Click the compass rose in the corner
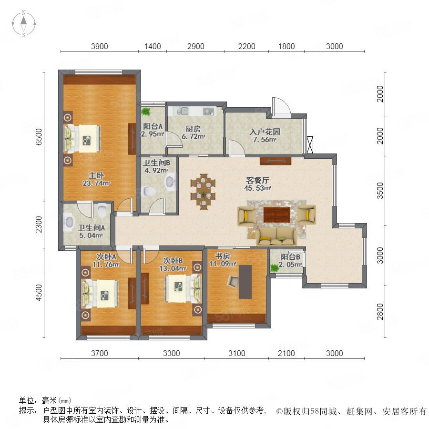(24, 24)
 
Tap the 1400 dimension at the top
(153, 46)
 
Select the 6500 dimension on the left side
(39, 137)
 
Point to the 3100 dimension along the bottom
(236, 353)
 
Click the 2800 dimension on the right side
(380, 312)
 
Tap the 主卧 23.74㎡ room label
(96, 179)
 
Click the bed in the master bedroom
(82, 139)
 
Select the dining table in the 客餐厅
(203, 191)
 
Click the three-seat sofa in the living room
(276, 236)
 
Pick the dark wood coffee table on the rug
(276, 215)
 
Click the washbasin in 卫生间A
(69, 222)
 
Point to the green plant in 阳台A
(146, 112)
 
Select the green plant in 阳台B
(275, 267)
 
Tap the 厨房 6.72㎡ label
(193, 133)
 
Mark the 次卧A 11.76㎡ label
(106, 260)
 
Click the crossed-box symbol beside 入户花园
(310, 145)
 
